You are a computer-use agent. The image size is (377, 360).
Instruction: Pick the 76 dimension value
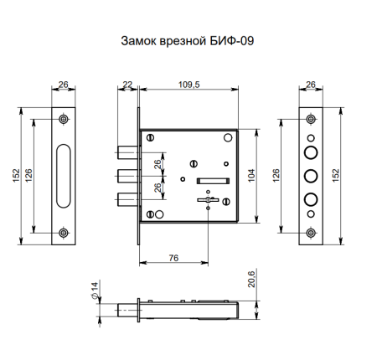click(x=173, y=257)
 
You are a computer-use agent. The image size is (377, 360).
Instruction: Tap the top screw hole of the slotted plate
click(x=64, y=118)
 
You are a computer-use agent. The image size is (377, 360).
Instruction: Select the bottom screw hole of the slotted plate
click(x=64, y=232)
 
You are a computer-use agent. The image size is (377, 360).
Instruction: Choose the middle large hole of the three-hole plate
click(x=311, y=176)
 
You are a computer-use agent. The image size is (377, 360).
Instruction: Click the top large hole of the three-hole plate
click(x=311, y=152)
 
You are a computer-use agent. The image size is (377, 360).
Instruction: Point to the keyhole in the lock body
click(x=206, y=201)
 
